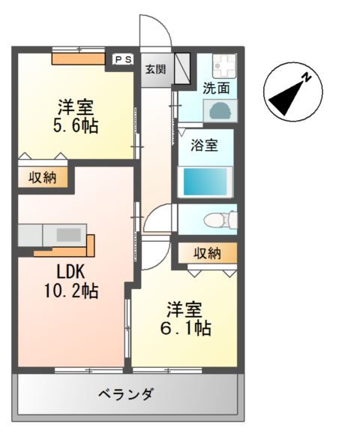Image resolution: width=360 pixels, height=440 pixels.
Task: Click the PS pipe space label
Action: point(123,59)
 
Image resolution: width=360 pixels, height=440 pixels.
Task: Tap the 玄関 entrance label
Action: point(155,69)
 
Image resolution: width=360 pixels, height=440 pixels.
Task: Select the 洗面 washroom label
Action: point(216,88)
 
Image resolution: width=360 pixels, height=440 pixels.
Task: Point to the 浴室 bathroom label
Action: point(205,146)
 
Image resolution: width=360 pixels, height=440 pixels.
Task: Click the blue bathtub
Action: point(205,182)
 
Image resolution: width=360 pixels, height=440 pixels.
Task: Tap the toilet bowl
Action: point(220,219)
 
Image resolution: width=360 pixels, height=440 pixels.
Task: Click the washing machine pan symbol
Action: point(224,65)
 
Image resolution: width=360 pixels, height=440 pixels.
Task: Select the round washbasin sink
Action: point(220,110)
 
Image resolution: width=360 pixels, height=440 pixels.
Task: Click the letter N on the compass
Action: point(307,77)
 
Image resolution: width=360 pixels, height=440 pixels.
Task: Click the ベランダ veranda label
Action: point(126,394)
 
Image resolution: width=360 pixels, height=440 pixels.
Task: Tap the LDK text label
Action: point(70,272)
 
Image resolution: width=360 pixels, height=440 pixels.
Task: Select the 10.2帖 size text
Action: point(71,291)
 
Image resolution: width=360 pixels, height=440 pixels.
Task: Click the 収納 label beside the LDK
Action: point(43,177)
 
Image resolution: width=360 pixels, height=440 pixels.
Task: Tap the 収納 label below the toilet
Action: point(208,253)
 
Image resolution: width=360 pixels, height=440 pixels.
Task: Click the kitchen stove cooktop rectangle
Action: point(69,235)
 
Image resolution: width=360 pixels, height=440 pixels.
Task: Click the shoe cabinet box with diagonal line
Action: point(182,68)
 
